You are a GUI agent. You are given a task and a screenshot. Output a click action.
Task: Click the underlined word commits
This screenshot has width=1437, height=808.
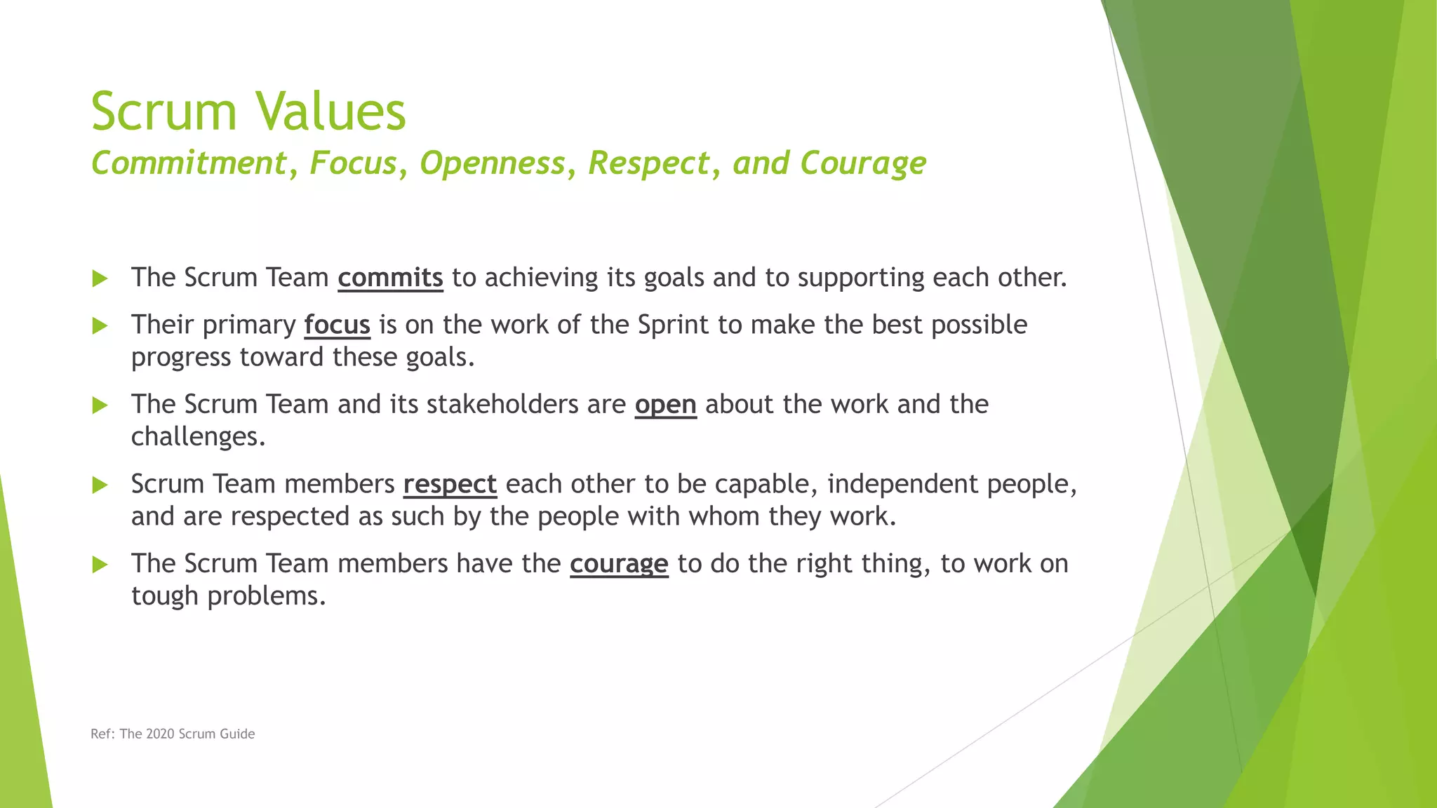point(390,278)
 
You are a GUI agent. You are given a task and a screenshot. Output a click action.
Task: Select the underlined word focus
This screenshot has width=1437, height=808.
point(337,325)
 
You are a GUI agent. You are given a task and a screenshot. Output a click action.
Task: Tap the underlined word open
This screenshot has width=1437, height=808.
point(665,405)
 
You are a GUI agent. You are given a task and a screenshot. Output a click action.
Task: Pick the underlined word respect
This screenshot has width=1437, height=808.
point(450,484)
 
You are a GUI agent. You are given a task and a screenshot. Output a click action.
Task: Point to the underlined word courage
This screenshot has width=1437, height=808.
point(619,564)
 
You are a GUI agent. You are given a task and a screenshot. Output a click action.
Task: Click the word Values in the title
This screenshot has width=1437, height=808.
point(330,111)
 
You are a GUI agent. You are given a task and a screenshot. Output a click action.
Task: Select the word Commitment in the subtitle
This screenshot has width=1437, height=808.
point(189,163)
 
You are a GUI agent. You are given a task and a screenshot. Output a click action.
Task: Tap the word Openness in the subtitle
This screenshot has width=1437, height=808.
point(492,163)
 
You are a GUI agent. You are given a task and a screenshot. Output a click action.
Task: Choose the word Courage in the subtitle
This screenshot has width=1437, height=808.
point(862,163)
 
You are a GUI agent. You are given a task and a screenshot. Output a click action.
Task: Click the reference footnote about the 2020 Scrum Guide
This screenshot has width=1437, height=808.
point(173,734)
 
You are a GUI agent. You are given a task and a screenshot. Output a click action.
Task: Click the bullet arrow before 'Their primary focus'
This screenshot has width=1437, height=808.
point(100,326)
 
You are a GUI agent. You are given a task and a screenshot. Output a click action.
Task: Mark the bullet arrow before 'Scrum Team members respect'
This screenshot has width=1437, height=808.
point(100,485)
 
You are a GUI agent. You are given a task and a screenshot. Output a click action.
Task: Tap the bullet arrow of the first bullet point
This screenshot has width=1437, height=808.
point(100,279)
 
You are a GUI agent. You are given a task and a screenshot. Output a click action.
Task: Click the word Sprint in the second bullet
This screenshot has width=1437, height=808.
point(673,325)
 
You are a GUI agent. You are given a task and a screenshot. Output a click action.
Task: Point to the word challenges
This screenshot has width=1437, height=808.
point(198,437)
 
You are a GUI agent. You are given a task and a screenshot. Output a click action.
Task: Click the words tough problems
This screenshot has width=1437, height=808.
point(228,596)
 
